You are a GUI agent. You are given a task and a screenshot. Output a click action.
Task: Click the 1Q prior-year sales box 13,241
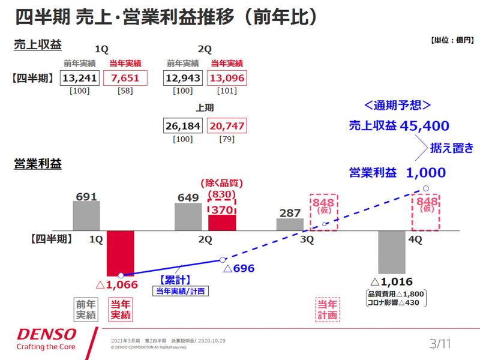pos(80,78)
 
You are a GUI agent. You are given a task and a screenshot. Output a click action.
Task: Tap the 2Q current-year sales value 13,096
pos(227,78)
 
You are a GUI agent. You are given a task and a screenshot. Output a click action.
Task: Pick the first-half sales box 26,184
pos(182,126)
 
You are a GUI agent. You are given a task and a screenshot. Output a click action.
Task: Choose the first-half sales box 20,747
pos(227,126)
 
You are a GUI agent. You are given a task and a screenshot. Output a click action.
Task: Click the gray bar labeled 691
pos(86,215)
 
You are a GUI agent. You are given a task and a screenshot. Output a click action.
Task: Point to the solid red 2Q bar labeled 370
pos(222,222)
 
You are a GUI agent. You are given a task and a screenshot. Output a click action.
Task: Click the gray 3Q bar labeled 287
pos(290,224)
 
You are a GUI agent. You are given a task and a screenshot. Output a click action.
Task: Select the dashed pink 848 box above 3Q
pos(324,212)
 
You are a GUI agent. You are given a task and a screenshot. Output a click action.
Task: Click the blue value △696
pos(239,269)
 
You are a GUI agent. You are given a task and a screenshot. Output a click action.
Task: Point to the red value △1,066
pos(117,284)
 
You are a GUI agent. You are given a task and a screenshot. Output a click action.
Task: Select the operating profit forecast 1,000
pos(425,173)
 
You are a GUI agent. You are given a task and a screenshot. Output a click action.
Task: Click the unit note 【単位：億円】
pos(452,40)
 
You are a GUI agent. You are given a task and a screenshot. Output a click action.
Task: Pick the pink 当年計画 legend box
pos(328,310)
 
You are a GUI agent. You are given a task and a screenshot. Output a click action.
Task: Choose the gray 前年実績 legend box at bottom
pos(86,310)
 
